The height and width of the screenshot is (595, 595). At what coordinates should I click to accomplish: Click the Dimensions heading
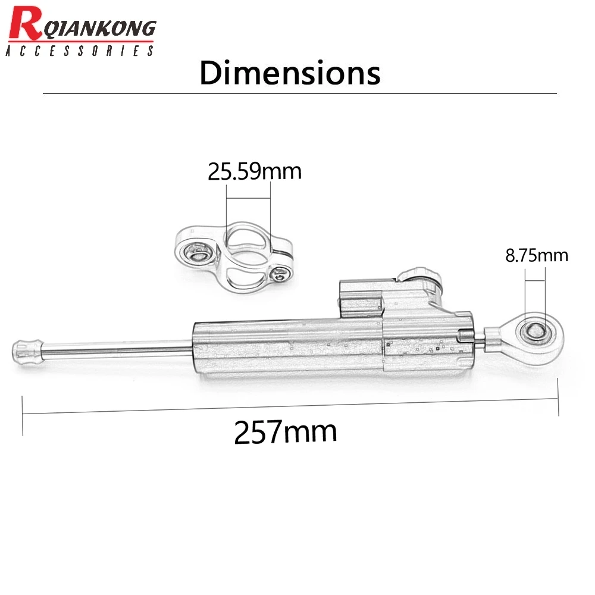[x=290, y=74]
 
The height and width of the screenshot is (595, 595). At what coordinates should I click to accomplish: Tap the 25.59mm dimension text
[x=255, y=171]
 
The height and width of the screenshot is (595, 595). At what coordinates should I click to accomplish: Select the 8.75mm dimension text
[x=537, y=255]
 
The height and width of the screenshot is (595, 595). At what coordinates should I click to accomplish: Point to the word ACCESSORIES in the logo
[x=80, y=51]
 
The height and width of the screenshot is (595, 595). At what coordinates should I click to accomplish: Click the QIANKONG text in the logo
[x=98, y=28]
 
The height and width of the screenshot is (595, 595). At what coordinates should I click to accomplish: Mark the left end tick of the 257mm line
[x=23, y=415]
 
